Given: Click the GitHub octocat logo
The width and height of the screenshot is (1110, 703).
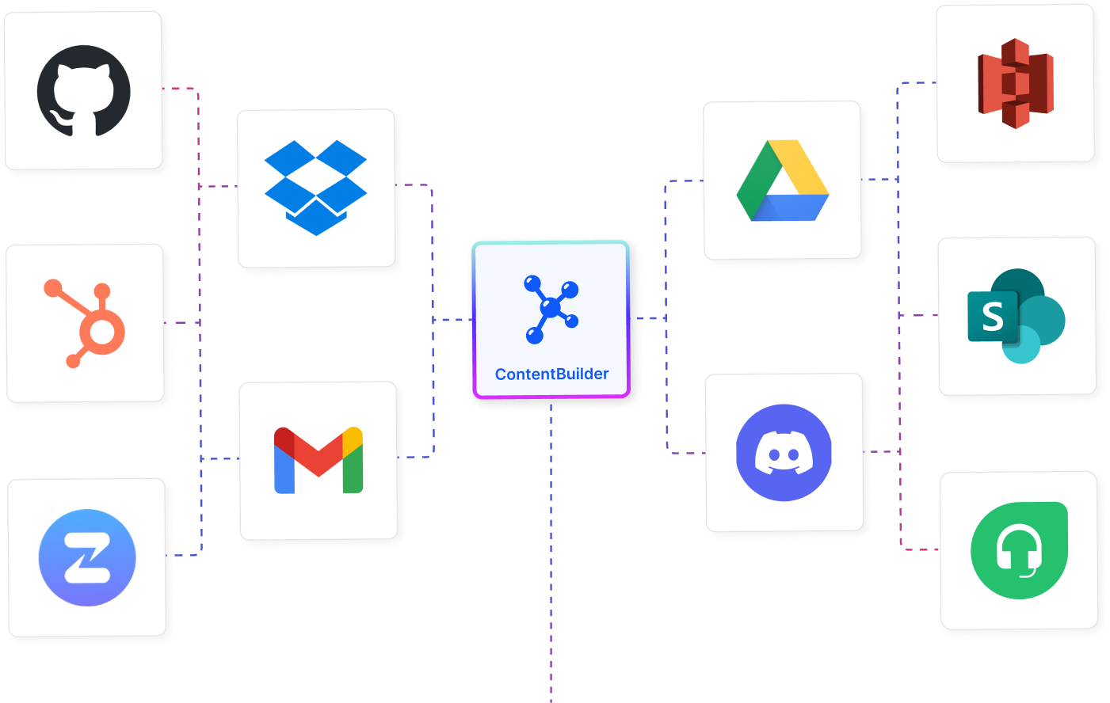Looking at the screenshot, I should pos(83,90).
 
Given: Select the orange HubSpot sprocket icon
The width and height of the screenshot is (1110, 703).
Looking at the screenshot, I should pos(86,323).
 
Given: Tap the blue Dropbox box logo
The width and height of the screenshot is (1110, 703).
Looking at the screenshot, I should pos(315,188).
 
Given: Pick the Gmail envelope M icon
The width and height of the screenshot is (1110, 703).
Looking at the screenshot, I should pos(318,461).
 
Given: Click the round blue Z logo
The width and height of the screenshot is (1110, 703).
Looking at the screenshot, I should pos(87,557).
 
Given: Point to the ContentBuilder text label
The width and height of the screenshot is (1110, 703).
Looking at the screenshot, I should pos(551,374).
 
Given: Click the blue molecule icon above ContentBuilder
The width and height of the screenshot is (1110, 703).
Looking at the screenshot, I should pos(551,309).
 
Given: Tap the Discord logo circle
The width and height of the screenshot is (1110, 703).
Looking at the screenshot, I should pos(784,452).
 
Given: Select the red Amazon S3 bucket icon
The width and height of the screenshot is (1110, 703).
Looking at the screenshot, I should pos(1015,83).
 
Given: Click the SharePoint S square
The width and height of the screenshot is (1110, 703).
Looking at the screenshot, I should pos(992,317).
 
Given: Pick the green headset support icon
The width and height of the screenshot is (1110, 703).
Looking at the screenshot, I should pos(1019,550).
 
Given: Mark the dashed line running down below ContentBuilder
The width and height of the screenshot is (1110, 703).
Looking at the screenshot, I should pos(551,554).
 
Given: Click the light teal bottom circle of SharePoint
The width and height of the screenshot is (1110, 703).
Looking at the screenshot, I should pos(1022,346).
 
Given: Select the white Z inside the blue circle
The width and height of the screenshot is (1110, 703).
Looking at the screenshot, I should pos(87,558).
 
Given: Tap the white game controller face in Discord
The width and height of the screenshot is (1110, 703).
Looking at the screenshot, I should pos(784,456).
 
